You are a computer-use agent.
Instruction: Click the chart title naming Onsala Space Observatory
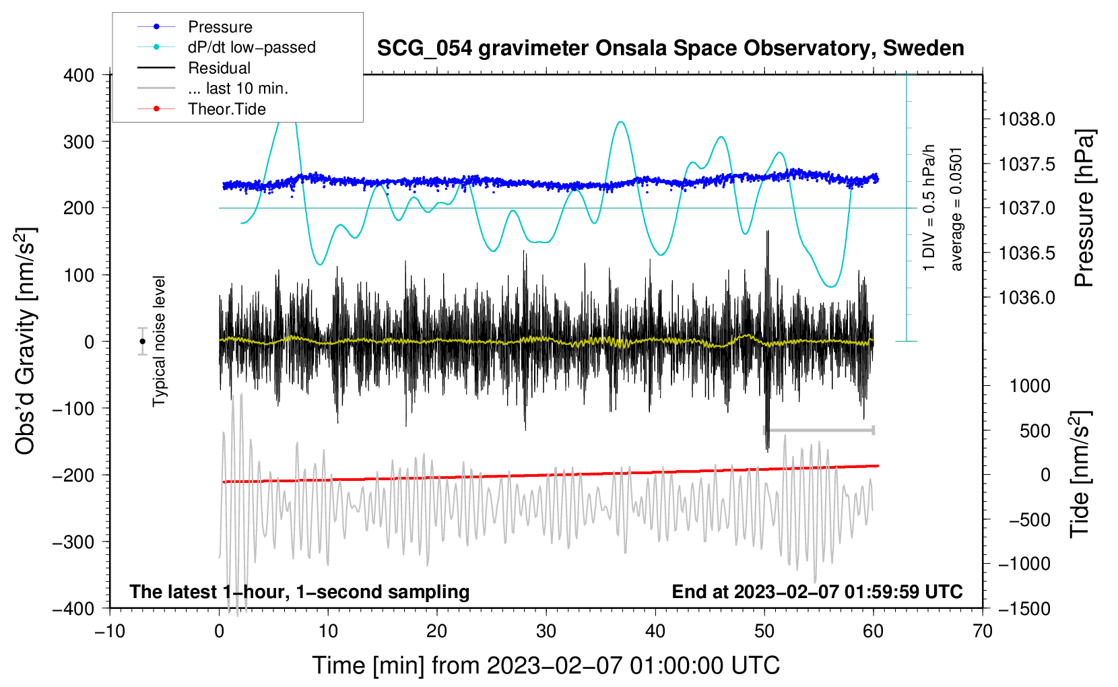[x=670, y=48]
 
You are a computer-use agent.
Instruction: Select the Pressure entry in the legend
[x=220, y=27]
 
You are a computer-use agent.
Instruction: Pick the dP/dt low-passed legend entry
[x=251, y=47]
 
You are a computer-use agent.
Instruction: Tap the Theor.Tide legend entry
[x=226, y=109]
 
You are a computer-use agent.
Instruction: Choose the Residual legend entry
[x=219, y=68]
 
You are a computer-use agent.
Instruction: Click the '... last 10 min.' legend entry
[x=238, y=88]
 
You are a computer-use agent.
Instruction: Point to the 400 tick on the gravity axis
[x=79, y=75]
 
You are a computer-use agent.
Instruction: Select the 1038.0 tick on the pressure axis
[x=1026, y=120]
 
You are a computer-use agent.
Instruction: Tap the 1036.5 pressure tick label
[x=1026, y=253]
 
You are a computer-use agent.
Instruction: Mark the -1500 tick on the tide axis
[x=1024, y=608]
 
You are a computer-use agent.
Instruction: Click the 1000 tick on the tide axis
[x=1030, y=386]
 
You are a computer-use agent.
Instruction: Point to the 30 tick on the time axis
[x=546, y=631]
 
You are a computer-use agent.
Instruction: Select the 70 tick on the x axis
[x=983, y=631]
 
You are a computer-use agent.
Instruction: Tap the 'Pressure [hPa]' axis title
[x=1084, y=208]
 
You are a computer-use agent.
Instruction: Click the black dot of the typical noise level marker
[x=142, y=341]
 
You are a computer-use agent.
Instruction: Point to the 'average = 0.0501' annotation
[x=956, y=209]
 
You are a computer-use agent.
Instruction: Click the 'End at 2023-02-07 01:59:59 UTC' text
[x=817, y=591]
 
